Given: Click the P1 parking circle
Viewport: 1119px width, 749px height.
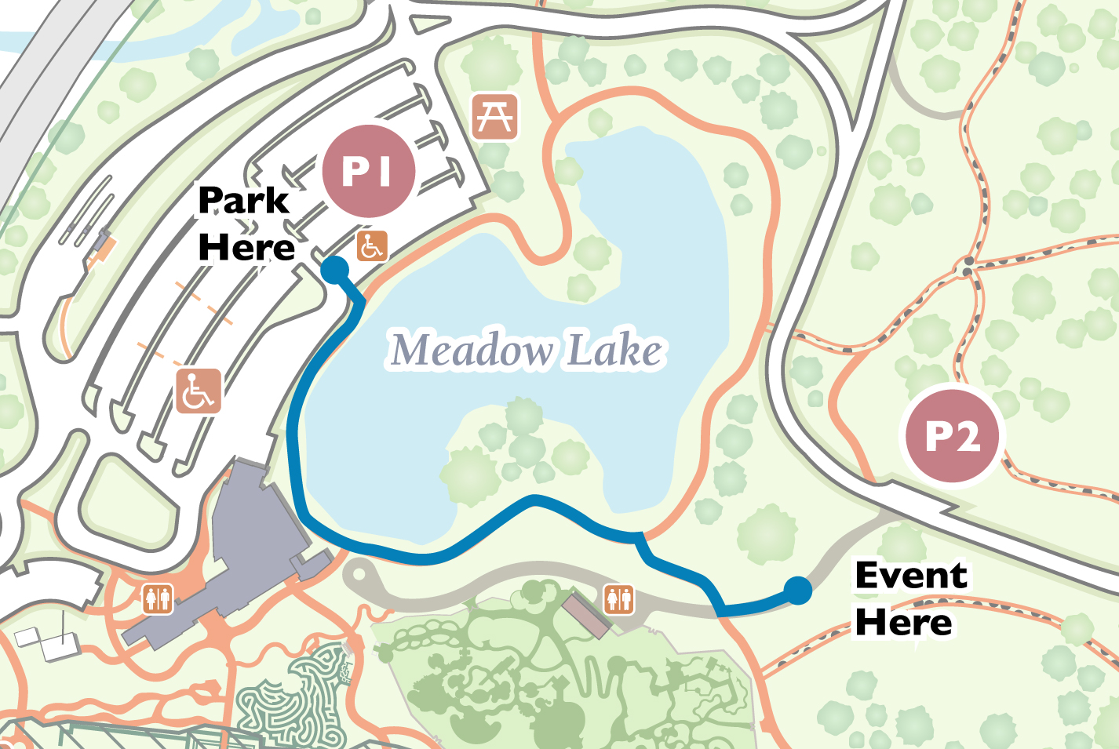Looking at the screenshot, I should pos(368,171).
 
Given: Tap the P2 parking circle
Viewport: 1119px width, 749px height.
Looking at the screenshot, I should pos(953,436).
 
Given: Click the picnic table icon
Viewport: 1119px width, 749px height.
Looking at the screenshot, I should pos(495,117).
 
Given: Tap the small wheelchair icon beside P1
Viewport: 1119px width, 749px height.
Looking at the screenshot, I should pos(372,246).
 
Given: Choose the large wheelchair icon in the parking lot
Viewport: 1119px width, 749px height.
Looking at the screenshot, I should pos(198,391).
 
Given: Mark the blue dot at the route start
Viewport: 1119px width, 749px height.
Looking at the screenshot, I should pos(335,270).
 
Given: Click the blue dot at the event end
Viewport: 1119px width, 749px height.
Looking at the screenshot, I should pos(797,590).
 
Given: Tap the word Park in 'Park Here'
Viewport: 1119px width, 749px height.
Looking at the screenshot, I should pos(243,201).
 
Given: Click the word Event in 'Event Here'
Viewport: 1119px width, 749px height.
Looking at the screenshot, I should pos(911,576).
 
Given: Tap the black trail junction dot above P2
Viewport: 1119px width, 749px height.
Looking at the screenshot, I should pos(968,271).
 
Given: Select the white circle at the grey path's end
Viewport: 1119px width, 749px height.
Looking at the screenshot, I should pos(359,574).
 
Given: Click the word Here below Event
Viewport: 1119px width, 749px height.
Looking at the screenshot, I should pos(903,623).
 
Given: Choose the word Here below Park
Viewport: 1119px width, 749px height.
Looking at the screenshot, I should pos(246,248).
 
